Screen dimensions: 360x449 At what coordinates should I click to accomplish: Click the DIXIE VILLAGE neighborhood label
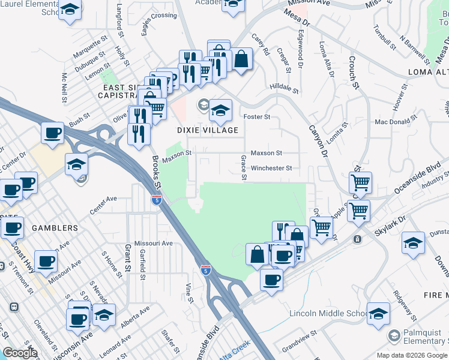pos(207,130)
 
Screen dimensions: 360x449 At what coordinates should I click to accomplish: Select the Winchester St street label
pos(271,168)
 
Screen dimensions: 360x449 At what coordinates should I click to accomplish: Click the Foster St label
pos(256,116)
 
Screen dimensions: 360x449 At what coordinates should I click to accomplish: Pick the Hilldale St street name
pos(284,88)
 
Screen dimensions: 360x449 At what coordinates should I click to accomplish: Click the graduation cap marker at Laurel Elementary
pos(71,10)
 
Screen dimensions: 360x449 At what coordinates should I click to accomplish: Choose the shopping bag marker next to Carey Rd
pos(241,59)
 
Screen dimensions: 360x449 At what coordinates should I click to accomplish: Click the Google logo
pos(20,353)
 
